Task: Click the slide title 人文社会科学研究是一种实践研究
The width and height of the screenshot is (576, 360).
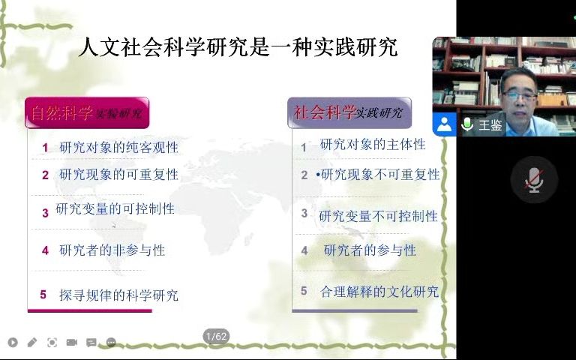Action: coord(238,49)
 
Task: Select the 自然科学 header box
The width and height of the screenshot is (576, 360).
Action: coord(87,113)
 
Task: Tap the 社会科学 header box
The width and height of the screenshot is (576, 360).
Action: coord(349,112)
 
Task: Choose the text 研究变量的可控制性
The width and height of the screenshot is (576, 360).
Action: coord(115,208)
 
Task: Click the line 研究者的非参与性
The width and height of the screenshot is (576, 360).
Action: coord(112,250)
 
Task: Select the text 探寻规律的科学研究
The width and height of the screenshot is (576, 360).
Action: coord(118,295)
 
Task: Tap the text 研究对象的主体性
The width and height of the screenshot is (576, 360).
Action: coord(372,144)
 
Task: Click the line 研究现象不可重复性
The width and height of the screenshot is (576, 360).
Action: coord(379,175)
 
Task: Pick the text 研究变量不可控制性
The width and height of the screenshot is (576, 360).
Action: coord(377,216)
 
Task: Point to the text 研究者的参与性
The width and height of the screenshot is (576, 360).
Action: coord(370,250)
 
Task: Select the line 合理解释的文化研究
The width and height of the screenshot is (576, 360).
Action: coord(379,292)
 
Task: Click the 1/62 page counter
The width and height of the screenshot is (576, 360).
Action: coord(216,337)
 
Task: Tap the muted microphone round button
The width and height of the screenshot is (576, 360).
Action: coord(534,180)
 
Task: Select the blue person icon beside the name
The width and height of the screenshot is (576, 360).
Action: coord(444,125)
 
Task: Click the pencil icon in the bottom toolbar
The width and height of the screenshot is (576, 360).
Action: coord(31,343)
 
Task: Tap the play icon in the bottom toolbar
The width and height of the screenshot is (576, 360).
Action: coord(13,343)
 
